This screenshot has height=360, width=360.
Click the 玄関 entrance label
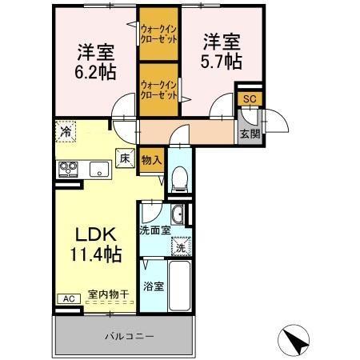(x=248, y=134)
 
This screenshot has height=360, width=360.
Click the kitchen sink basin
(x=101, y=168)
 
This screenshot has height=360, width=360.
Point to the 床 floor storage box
(x=125, y=158)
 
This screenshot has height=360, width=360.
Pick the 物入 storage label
(x=151, y=160)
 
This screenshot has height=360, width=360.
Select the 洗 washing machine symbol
(x=182, y=247)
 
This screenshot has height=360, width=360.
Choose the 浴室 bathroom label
(x=154, y=286)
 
